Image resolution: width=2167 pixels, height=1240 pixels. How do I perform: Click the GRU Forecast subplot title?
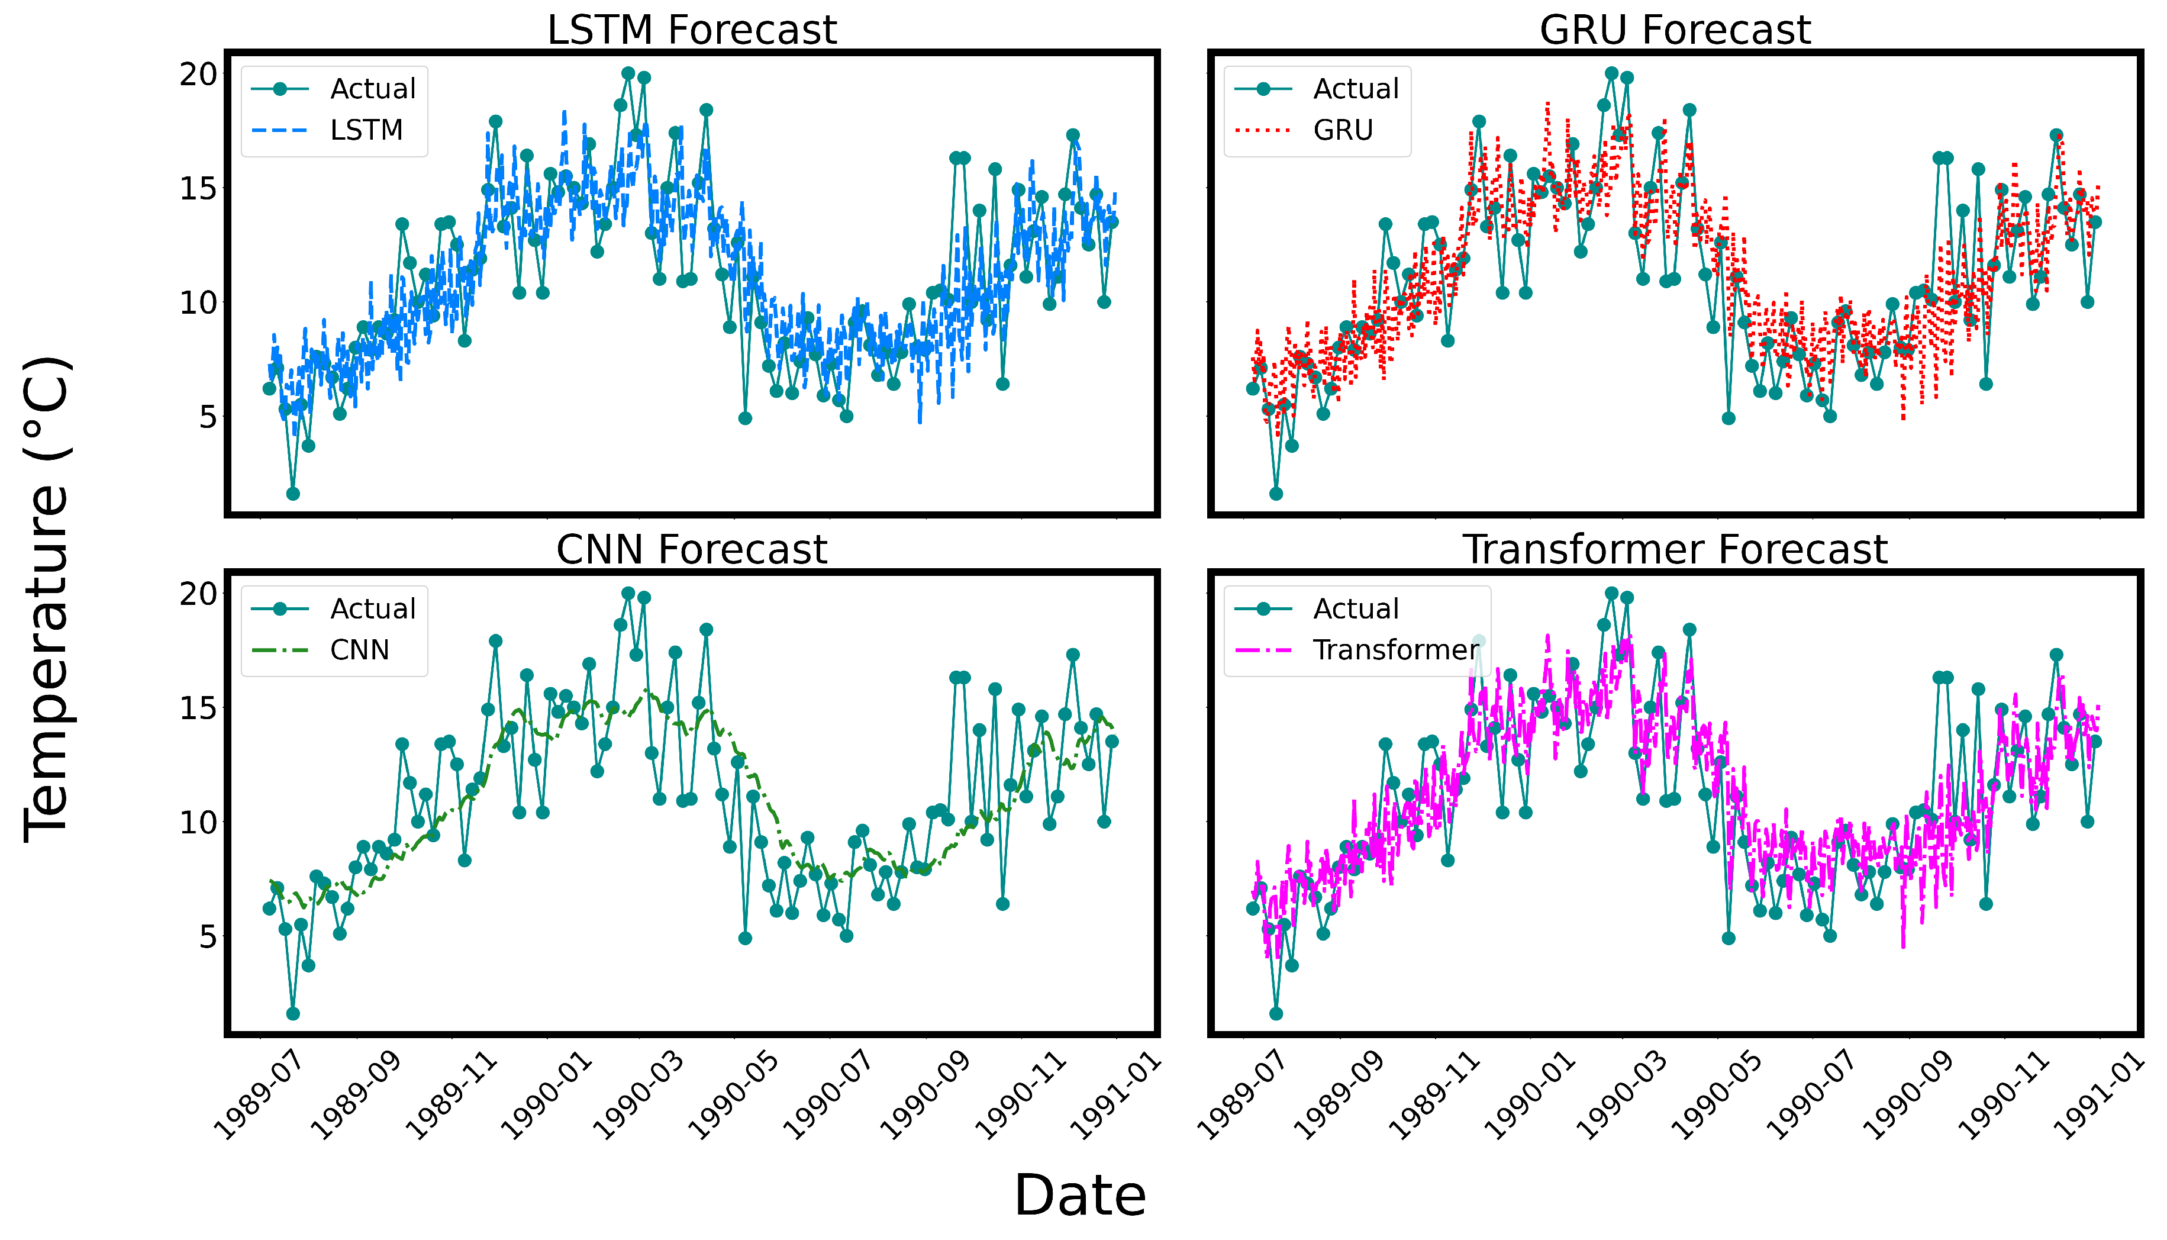coord(1674,31)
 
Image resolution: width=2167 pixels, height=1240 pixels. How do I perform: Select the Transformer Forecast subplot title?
coord(1674,550)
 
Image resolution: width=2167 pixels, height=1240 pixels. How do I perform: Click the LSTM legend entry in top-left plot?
coord(366,130)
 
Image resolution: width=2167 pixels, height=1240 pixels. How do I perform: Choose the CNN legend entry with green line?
coord(359,650)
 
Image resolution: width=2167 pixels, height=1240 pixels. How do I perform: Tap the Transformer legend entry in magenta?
coord(1397,650)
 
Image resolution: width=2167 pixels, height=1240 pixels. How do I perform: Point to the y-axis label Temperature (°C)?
coord(47,600)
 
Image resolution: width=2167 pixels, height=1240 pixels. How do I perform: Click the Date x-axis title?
coord(1080,1196)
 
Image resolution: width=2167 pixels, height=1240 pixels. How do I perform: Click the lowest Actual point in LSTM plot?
coord(293,494)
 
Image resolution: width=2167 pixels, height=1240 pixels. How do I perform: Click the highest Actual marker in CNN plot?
coord(628,594)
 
